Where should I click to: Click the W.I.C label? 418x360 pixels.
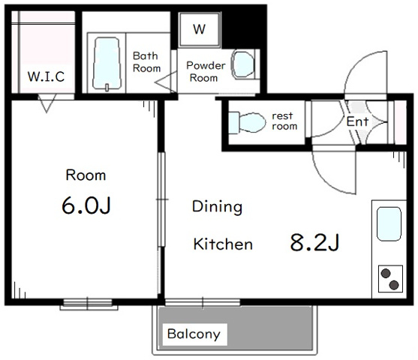[46, 76]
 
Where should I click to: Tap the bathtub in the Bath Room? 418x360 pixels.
[107, 63]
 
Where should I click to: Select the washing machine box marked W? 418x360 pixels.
[200, 29]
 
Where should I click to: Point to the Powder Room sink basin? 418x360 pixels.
[243, 64]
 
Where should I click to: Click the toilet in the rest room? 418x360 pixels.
[247, 122]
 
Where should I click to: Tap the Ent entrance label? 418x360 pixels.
[357, 121]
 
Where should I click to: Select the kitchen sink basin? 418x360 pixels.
[389, 223]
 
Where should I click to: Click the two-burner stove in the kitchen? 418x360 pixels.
[390, 279]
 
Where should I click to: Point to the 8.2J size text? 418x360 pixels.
[314, 242]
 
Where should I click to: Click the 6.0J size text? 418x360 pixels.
[86, 205]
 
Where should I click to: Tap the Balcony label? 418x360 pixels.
[194, 334]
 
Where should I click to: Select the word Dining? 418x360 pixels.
[218, 207]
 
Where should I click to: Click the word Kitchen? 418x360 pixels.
[223, 244]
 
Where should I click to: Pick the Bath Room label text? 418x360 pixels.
[146, 62]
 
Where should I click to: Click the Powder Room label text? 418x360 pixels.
[206, 72]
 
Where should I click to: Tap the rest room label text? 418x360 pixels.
[284, 121]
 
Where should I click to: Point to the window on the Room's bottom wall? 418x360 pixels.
[88, 304]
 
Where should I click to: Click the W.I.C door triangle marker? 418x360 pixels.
[47, 103]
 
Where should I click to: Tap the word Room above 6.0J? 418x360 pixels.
[86, 175]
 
